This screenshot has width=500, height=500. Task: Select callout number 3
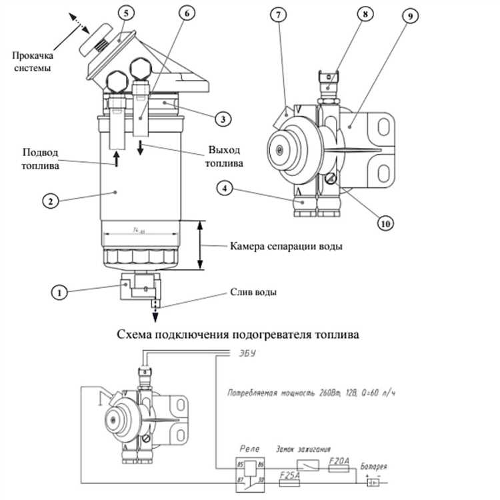223,119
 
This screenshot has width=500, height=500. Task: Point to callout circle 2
47,199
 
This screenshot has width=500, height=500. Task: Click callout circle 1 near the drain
61,291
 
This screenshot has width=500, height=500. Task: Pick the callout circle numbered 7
275,15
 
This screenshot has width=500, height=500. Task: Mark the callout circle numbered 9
406,15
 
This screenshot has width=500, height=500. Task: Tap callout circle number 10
384,224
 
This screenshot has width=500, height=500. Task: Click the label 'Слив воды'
253,292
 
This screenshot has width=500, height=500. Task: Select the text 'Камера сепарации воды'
287,246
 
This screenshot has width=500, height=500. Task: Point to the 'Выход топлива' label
223,156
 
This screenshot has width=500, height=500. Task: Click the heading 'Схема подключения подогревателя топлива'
238,334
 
